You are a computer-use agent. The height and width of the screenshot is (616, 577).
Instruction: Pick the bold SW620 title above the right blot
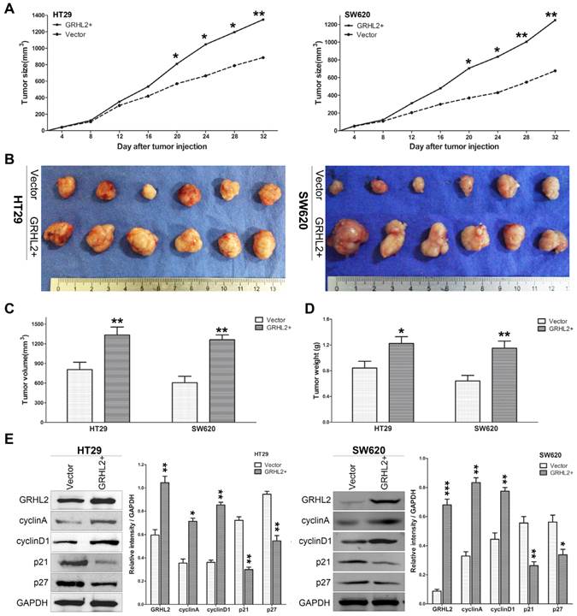tap(361, 454)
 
